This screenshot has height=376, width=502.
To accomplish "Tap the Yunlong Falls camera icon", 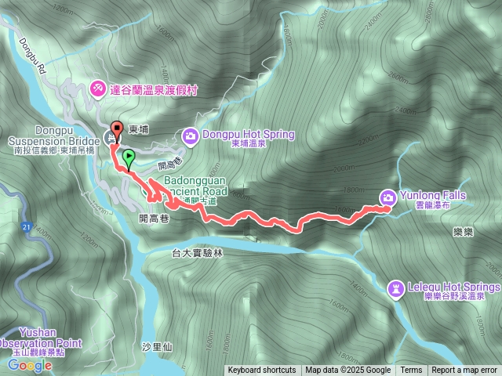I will point(387,197).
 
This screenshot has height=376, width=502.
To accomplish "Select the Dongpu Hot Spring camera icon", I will point(191,136).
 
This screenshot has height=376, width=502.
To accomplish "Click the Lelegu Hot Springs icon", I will point(396,289).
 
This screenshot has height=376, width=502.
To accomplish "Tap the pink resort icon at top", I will point(98,89).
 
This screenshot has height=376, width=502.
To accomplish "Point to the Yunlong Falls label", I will point(433,195).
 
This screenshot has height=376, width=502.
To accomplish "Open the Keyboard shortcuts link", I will point(262,371).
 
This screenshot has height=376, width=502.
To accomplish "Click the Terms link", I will point(411,371).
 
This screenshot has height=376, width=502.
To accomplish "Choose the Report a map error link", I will point(464,371).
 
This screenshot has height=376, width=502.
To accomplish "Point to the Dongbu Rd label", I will point(32,54).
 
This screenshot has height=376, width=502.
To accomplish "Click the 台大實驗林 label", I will point(198,253).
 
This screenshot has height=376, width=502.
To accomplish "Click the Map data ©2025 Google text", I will point(348,371).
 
